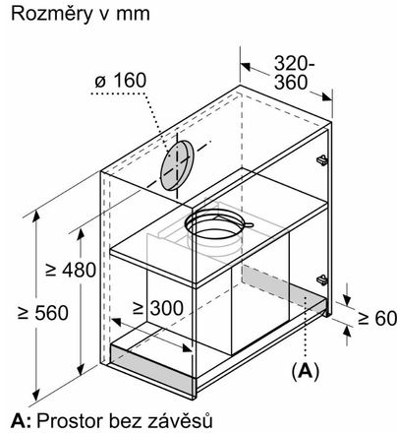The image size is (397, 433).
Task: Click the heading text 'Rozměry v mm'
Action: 81,14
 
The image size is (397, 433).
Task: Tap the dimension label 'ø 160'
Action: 121,81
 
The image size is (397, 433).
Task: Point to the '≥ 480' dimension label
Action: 71,270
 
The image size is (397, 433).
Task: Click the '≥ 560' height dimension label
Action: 43,313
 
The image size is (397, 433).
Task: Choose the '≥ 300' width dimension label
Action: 158,308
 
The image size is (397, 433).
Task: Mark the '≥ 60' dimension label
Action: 377,318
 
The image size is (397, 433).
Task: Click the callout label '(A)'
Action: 306,371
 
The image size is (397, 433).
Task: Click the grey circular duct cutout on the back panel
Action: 177,165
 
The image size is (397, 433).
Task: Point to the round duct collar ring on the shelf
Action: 217,224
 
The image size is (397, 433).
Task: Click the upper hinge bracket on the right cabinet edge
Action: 322,159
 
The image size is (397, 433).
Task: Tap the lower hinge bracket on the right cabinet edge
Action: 322,279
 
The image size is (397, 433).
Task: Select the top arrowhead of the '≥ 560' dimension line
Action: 36,216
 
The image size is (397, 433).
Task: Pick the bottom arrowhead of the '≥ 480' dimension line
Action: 81,370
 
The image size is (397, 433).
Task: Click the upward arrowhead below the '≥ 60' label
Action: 347,332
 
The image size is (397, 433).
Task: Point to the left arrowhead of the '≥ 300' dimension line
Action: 117,322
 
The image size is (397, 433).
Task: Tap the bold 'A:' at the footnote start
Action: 21,420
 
